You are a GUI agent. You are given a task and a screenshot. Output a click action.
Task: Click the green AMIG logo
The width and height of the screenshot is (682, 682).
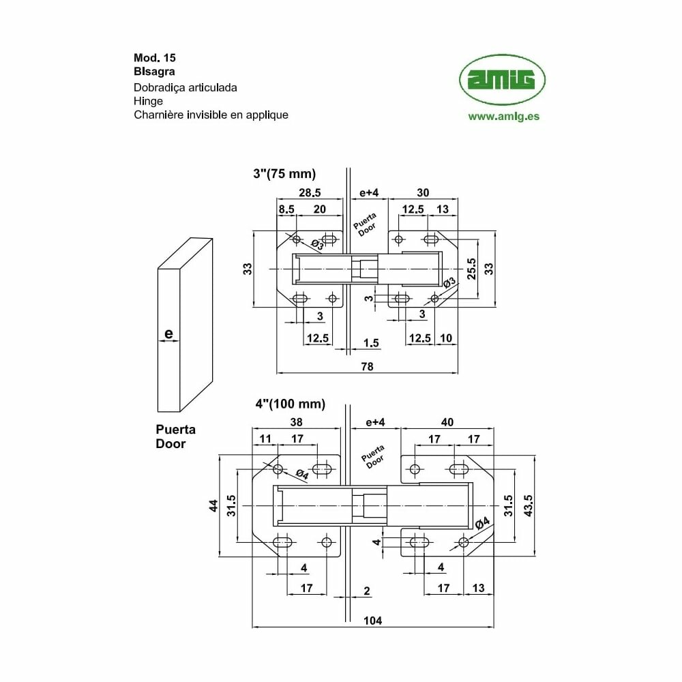(502, 80)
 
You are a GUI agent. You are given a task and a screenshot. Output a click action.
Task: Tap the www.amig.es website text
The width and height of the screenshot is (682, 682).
(504, 117)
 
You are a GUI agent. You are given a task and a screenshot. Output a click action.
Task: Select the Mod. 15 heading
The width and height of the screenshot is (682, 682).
(155, 58)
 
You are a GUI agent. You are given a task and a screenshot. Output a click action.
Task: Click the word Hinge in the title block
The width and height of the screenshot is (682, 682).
(148, 102)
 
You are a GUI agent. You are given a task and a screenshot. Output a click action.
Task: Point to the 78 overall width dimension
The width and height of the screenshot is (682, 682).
(367, 367)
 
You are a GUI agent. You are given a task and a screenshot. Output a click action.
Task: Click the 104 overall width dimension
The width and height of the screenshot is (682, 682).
(373, 621)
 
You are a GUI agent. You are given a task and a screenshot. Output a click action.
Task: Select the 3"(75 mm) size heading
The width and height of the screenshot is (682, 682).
(284, 174)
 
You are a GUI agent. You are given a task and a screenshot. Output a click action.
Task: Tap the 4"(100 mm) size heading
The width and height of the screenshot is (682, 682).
(290, 404)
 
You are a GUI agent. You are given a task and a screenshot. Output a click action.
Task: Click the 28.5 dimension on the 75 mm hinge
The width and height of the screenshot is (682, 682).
(310, 193)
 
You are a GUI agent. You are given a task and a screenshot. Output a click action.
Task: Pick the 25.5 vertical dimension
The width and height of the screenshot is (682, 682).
(471, 269)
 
